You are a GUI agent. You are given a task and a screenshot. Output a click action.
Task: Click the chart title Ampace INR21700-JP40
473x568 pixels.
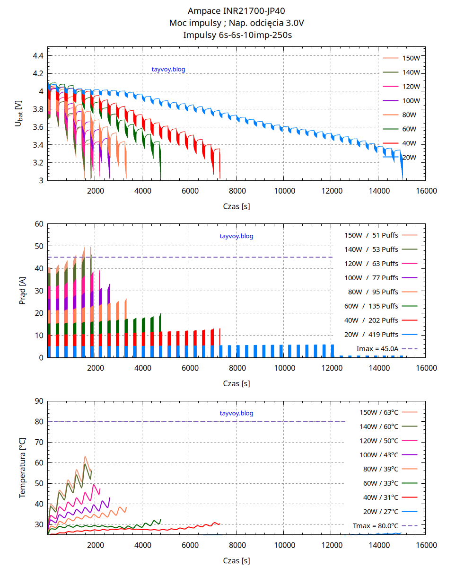pos(236,11)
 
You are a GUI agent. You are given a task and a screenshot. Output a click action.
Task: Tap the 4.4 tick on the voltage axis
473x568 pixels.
pos(38,56)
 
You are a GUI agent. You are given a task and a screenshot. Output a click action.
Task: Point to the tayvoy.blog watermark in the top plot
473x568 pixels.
pos(168,69)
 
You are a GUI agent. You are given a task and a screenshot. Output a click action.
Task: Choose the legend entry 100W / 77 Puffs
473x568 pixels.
pos(371,278)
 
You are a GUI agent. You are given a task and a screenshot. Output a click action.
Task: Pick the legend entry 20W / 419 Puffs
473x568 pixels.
pos(371,335)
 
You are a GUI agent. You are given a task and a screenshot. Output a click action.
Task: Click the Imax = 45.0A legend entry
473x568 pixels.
pos(377,349)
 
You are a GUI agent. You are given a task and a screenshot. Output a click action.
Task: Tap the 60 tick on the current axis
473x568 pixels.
pos(39,224)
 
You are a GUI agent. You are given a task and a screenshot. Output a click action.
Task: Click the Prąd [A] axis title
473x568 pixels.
pos(22,291)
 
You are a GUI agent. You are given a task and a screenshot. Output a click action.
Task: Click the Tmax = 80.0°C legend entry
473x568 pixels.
pos(376,526)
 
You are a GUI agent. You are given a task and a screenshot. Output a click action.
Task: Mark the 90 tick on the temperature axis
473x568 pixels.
pos(39,401)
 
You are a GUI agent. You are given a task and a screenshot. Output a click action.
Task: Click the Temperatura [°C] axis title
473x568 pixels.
pos(22,468)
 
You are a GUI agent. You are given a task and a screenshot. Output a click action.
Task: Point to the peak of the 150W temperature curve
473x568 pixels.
pos(85,456)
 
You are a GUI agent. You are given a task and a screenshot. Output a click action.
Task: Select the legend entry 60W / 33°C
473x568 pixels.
pos(381,483)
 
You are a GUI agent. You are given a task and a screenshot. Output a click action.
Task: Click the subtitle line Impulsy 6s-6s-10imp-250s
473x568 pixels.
pos(236,35)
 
